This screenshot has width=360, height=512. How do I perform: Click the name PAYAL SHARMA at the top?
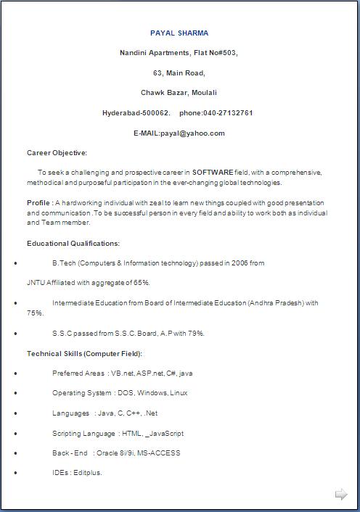179,33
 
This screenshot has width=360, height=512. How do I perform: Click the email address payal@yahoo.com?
193,133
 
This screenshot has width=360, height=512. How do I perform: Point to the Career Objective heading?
57,153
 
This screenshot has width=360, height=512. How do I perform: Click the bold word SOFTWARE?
213,173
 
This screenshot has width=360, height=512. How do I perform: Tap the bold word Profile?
38,203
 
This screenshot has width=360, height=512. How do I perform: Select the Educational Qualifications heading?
73,244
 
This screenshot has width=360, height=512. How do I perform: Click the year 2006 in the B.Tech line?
240,263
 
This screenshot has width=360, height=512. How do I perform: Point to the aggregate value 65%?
142,283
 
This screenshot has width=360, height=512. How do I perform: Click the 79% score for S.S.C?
195,334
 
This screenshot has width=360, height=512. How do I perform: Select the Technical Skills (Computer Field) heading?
84,353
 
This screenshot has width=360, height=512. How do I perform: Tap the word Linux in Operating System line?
179,393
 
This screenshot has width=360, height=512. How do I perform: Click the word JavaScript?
166,434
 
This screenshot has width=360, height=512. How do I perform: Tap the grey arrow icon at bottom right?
341,495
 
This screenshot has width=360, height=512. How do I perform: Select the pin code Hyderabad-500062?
136,113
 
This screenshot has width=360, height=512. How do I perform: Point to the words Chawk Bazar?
164,93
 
